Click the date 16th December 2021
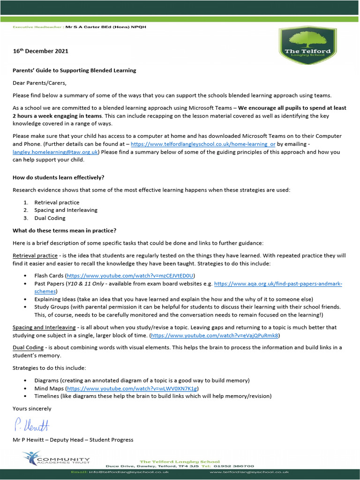tap(40, 51)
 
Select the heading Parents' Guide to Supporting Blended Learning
tap(74, 70)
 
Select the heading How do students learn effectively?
tap(58, 177)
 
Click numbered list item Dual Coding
tap(50, 218)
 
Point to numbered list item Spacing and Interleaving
tap(66, 210)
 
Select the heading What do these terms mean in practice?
tap(64, 230)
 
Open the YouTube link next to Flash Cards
tap(130, 276)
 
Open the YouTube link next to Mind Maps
tap(132, 389)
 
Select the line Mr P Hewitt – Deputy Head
tap(73, 440)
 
